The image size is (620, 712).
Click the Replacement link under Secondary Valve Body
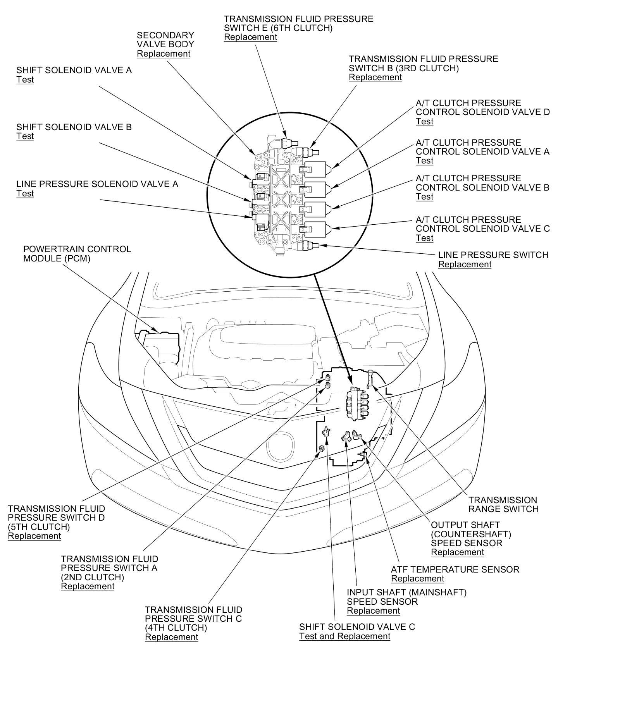coord(164,54)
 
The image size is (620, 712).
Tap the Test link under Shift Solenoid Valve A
coord(25,80)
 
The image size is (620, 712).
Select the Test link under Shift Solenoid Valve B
coord(25,136)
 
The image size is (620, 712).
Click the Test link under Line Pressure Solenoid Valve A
coord(25,194)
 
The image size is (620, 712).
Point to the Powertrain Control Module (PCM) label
coord(77,254)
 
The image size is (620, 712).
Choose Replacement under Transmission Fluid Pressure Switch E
coord(250,37)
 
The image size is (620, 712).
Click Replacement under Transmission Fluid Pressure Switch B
coord(375,77)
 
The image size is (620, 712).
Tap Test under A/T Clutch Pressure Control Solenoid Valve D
coord(424,122)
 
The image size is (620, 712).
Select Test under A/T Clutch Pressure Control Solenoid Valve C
coord(424,238)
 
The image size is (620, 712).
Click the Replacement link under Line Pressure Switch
coord(465,265)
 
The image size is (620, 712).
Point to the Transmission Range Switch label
coord(503,504)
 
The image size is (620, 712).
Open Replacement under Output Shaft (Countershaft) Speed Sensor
coord(457,552)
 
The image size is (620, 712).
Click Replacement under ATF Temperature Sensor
coord(417,579)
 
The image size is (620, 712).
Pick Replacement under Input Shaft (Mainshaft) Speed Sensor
coord(373,611)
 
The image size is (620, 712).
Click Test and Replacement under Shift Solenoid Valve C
coord(344,636)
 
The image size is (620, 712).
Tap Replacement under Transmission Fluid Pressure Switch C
coord(171,637)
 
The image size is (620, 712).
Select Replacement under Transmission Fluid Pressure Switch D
coord(34,536)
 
